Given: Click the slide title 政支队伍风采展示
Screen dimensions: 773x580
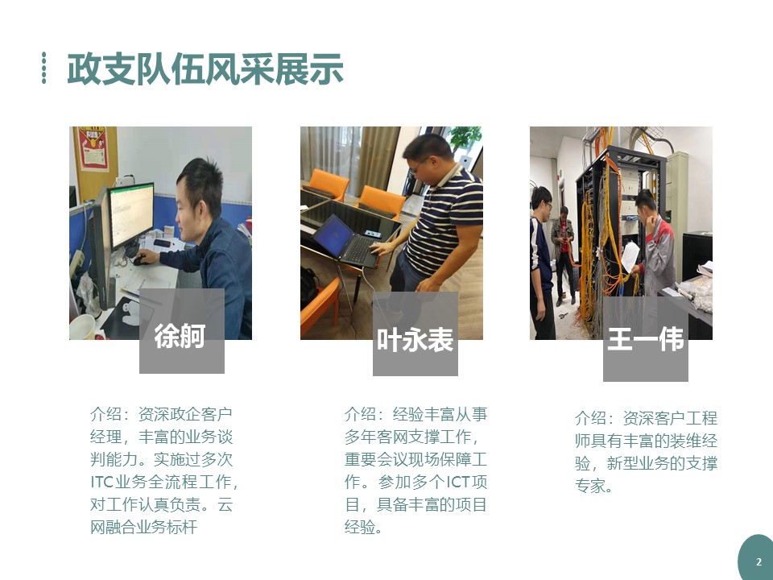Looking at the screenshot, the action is point(205,69).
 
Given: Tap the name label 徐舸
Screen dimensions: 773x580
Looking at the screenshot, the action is point(180,336).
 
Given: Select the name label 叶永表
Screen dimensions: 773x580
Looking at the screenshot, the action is point(415,340).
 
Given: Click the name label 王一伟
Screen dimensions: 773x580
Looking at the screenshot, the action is point(645,339).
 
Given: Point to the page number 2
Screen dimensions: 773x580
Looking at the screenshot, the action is point(759,561).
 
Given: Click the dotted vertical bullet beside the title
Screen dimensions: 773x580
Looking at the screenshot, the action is point(43,68).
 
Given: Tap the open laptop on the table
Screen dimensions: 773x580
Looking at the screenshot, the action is point(348,241).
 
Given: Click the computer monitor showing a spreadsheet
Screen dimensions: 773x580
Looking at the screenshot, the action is point(131,215).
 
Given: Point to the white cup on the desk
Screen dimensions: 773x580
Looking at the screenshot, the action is point(82,326).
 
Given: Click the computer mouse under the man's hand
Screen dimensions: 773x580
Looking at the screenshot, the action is point(140,260).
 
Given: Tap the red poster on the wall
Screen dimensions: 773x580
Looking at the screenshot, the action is point(93,148).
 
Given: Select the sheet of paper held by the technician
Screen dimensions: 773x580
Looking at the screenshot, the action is point(630,256).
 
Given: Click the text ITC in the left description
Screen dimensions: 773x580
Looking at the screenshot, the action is point(102,482).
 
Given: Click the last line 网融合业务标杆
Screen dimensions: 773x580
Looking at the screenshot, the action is point(143,527).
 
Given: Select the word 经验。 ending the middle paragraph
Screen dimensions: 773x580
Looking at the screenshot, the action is point(364,527).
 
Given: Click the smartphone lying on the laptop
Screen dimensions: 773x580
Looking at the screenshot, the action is point(372,234).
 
